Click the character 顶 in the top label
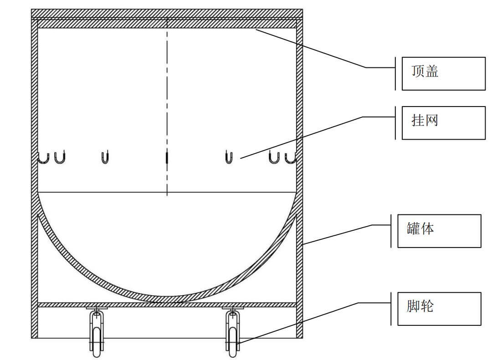pyautogui.click(x=419, y=72)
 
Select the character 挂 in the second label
pyautogui.click(x=419, y=121)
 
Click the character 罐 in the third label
pyautogui.click(x=414, y=228)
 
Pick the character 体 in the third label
pyautogui.click(x=427, y=228)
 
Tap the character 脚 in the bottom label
pyautogui.click(x=414, y=306)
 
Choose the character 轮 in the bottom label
pyautogui.click(x=427, y=306)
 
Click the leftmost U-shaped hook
pyautogui.click(x=43, y=157)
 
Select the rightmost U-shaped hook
pyautogui.click(x=290, y=157)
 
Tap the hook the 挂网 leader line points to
pyautogui.click(x=229, y=157)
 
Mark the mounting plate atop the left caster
pyautogui.click(x=96, y=309)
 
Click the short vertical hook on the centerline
pyautogui.click(x=167, y=157)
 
